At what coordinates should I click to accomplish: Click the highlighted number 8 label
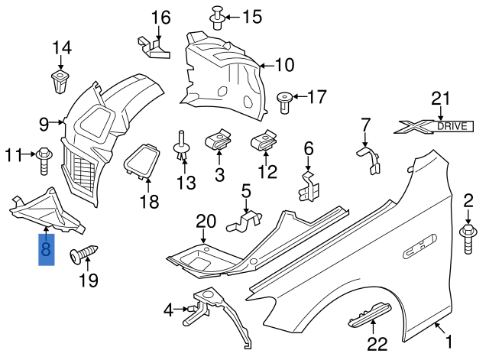[x=47, y=249]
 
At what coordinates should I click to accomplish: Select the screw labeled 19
[x=79, y=255]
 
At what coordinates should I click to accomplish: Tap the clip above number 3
[x=219, y=141]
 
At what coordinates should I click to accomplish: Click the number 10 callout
[x=283, y=66]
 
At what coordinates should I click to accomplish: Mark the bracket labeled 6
[x=308, y=186]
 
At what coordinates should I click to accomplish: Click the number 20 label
[x=206, y=222]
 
